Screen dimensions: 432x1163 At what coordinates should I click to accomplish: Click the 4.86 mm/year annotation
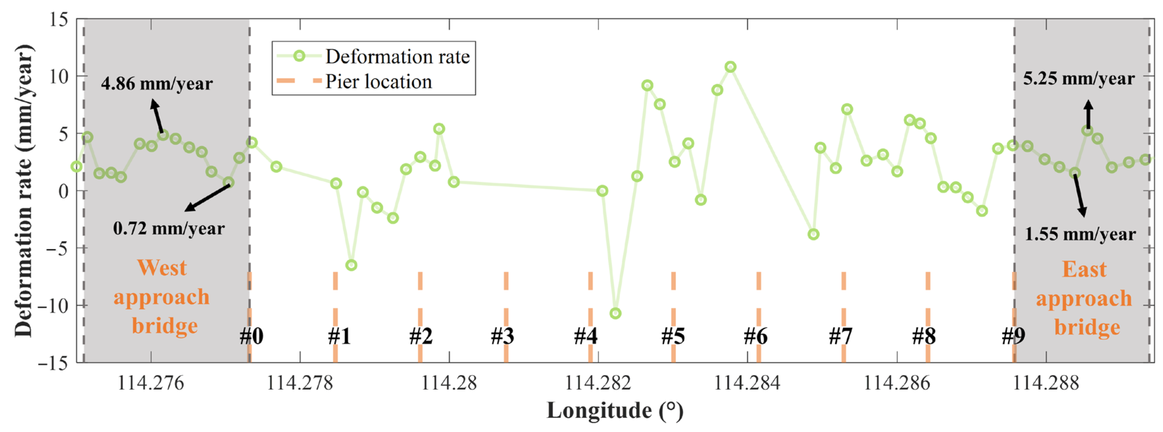[157, 84]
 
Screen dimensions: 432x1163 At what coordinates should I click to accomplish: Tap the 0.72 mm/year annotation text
[169, 228]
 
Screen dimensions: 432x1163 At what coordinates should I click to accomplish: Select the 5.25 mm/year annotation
[1078, 79]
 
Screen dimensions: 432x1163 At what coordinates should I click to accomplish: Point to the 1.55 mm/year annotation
[1080, 234]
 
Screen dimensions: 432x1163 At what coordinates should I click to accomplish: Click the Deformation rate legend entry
[397, 57]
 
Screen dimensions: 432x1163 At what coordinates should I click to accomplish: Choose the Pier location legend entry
[378, 82]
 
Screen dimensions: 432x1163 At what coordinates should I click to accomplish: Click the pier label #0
[251, 336]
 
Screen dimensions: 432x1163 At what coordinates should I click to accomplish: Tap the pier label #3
[502, 336]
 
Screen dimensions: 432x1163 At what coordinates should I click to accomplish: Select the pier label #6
[755, 336]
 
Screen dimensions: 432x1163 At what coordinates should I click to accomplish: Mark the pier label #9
[1013, 336]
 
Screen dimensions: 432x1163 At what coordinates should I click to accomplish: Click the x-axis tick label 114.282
[598, 383]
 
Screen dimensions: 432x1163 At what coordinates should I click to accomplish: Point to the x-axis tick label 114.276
[151, 383]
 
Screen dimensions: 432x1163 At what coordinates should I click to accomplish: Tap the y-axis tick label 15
[59, 19]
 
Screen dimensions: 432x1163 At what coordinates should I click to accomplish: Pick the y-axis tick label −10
[53, 306]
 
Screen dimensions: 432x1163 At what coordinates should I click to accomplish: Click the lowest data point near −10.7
[615, 313]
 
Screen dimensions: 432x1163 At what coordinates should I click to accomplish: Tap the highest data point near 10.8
[730, 67]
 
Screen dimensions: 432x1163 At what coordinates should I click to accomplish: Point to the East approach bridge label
[1084, 299]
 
